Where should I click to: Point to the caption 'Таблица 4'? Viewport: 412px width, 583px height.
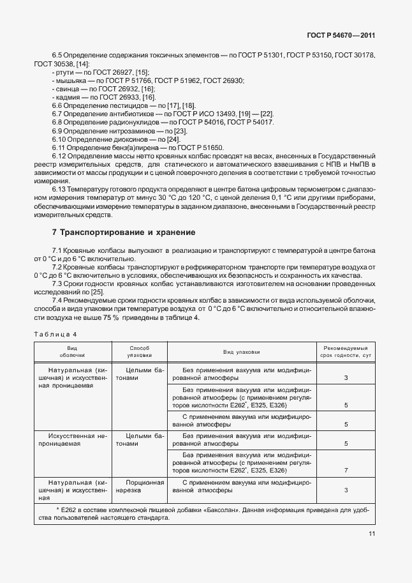[55, 333]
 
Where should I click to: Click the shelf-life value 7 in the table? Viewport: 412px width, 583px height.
[346, 470]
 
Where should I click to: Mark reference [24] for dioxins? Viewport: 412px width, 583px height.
[173, 139]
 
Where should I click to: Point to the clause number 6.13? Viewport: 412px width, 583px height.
[60, 190]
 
